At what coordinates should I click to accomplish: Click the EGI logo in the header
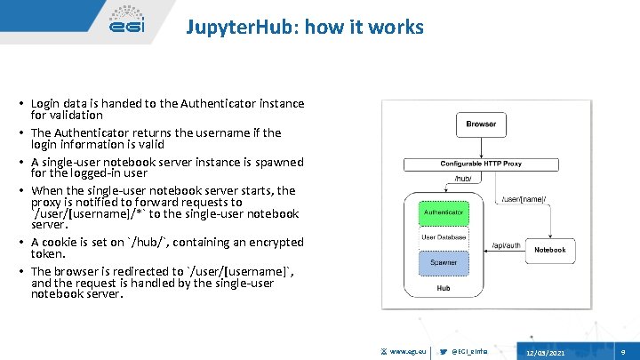click(126, 23)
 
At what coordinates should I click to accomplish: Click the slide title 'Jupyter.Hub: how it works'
click(305, 28)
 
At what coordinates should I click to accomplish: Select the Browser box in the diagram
click(481, 124)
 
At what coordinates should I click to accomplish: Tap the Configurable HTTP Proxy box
click(481, 164)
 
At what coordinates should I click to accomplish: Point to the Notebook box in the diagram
click(549, 250)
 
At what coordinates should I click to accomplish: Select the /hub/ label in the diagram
click(463, 179)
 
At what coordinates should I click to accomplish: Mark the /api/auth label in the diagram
click(506, 244)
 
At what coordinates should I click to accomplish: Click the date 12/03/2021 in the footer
click(545, 353)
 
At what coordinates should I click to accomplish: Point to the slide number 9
click(622, 353)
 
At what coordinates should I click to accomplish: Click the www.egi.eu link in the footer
click(409, 353)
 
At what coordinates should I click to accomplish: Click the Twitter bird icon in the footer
click(444, 353)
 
